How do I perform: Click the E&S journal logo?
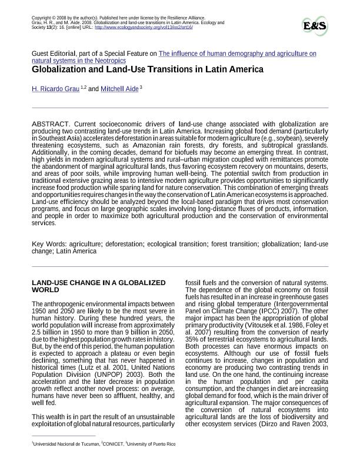315,26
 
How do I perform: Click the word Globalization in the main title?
61,69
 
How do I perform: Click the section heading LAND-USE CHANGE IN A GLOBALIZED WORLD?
98,286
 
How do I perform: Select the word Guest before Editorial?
41,53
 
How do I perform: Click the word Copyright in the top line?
41,18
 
